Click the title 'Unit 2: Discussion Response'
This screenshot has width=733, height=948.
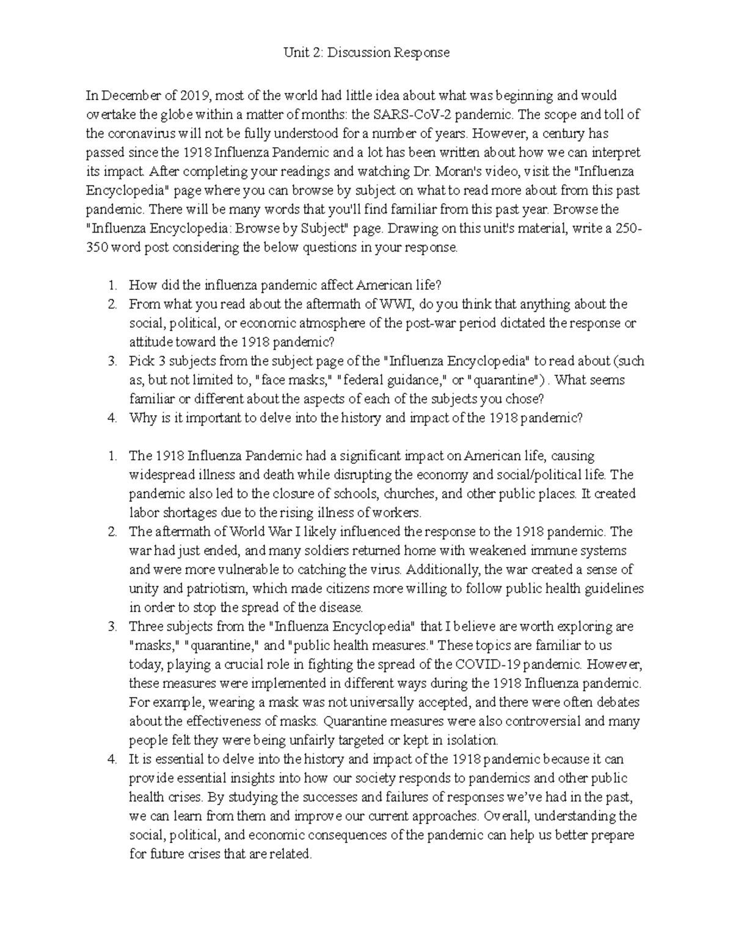pyautogui.click(x=366, y=52)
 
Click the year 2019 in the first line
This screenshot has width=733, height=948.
pyautogui.click(x=194, y=96)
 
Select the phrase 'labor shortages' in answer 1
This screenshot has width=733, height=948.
pyautogui.click(x=168, y=513)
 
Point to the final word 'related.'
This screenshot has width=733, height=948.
pyautogui.click(x=291, y=855)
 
